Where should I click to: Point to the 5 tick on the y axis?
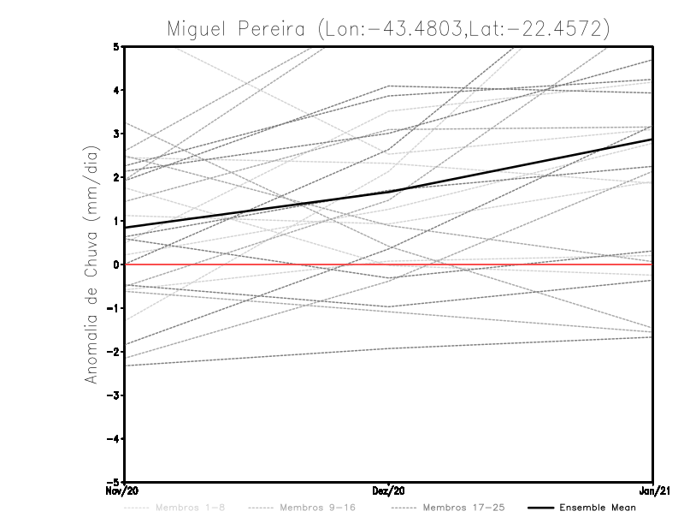pyautogui.click(x=116, y=46)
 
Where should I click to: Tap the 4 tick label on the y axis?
pyautogui.click(x=116, y=90)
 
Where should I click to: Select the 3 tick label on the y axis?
pyautogui.click(x=116, y=134)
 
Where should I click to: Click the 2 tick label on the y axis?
pyautogui.click(x=116, y=177)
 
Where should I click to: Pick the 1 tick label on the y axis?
pyautogui.click(x=116, y=221)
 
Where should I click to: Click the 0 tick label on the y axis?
pyautogui.click(x=116, y=264)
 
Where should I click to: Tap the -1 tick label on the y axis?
pyautogui.click(x=114, y=308)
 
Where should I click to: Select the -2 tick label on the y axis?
pyautogui.click(x=114, y=352)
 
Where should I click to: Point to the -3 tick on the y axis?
pyautogui.click(x=114, y=395)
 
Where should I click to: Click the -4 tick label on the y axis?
pyautogui.click(x=114, y=439)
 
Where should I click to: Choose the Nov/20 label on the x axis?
pyautogui.click(x=123, y=491)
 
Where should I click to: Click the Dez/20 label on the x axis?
pyautogui.click(x=389, y=491)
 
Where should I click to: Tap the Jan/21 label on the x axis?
pyautogui.click(x=653, y=491)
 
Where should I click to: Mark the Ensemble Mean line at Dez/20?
pyautogui.click(x=389, y=192)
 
